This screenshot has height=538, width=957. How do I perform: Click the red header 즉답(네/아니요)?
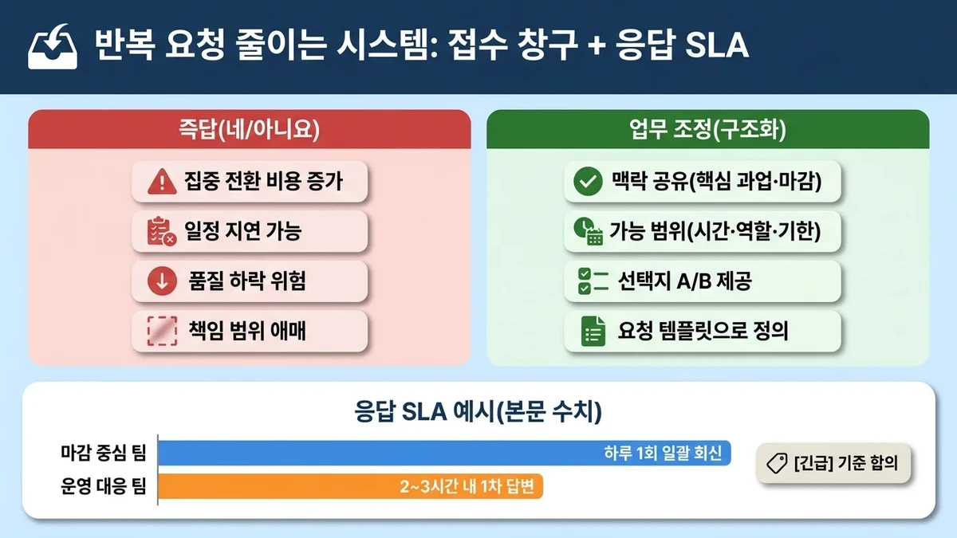(x=249, y=128)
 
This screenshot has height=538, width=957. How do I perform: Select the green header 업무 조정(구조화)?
(x=707, y=128)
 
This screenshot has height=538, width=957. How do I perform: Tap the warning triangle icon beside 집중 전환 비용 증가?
(x=162, y=183)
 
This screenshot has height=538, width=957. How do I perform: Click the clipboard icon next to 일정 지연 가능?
(x=162, y=231)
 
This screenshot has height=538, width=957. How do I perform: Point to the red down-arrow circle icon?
(x=162, y=281)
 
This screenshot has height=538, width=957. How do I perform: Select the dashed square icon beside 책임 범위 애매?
(x=162, y=330)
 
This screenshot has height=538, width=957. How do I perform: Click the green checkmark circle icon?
(x=588, y=183)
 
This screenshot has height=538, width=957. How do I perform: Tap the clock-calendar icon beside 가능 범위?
(x=588, y=231)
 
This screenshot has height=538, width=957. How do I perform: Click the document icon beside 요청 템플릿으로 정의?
(x=592, y=330)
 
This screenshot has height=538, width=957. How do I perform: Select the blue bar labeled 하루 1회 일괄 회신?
(x=444, y=454)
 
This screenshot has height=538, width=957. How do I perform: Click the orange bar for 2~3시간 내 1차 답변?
(x=350, y=485)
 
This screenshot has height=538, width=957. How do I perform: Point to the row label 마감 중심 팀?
(x=104, y=454)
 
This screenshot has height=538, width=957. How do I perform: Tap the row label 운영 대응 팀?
(x=104, y=485)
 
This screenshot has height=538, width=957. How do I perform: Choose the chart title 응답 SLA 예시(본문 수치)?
(x=478, y=412)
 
